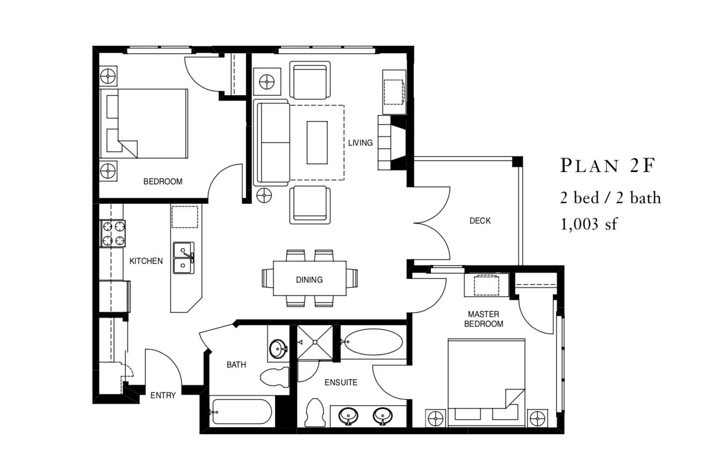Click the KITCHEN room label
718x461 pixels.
[146, 261]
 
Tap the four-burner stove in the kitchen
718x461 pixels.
[113, 233]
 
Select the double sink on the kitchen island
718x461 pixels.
[184, 258]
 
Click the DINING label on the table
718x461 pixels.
[309, 279]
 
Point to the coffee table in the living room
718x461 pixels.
[317, 142]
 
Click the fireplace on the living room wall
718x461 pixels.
[391, 142]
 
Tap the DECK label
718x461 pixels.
[480, 220]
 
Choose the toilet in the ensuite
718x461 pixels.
[313, 414]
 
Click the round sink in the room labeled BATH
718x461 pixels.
[278, 348]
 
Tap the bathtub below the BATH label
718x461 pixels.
[241, 412]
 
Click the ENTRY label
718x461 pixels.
[163, 395]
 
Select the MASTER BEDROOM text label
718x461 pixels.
[484, 319]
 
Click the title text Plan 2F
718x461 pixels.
[607, 166]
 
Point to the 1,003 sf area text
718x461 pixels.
[589, 224]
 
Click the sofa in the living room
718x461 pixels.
[272, 142]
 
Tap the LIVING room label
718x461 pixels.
[360, 143]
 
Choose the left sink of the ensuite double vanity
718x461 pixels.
[350, 415]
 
